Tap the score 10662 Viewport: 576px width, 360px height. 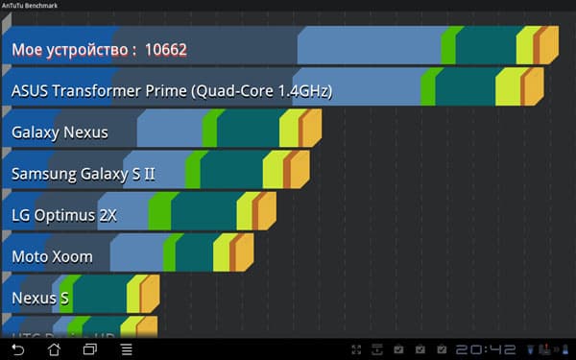165,49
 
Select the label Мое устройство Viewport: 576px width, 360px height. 72,49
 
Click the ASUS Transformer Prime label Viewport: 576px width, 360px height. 171,91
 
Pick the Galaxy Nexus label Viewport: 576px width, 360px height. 60,132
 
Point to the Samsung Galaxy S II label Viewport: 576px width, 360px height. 83,174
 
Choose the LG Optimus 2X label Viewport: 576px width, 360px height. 63,215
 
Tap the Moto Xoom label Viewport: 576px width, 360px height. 52,256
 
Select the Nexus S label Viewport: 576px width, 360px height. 39,299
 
